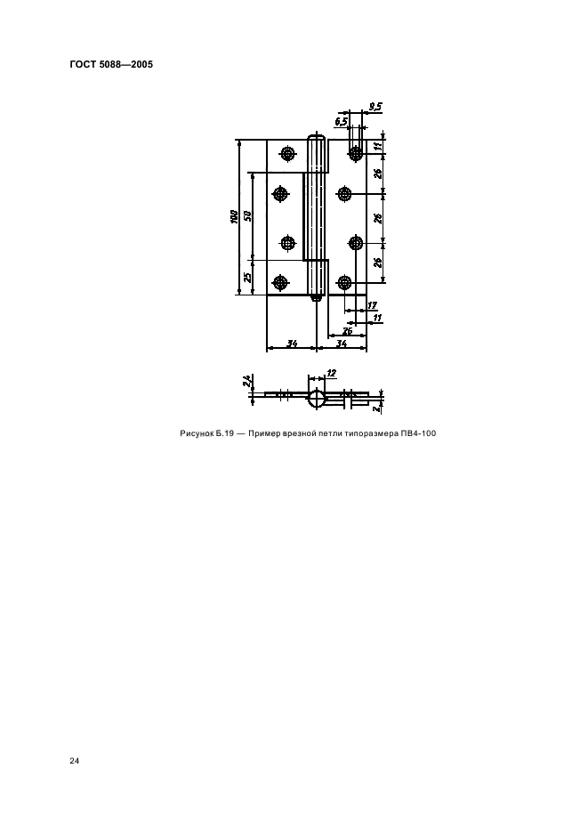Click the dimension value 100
point(233,217)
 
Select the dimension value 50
point(247,216)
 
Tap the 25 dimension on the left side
point(247,278)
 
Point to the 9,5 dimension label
point(375,108)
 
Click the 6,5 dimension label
point(341,122)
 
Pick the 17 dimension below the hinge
point(372,305)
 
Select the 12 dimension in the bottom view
point(332,374)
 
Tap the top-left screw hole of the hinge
point(288,154)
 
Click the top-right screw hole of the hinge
point(355,154)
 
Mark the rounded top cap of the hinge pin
point(317,137)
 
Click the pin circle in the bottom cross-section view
point(317,398)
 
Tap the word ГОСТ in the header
point(83,65)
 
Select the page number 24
point(75,761)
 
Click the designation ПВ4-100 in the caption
point(419,433)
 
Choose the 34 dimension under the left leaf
point(292,344)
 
